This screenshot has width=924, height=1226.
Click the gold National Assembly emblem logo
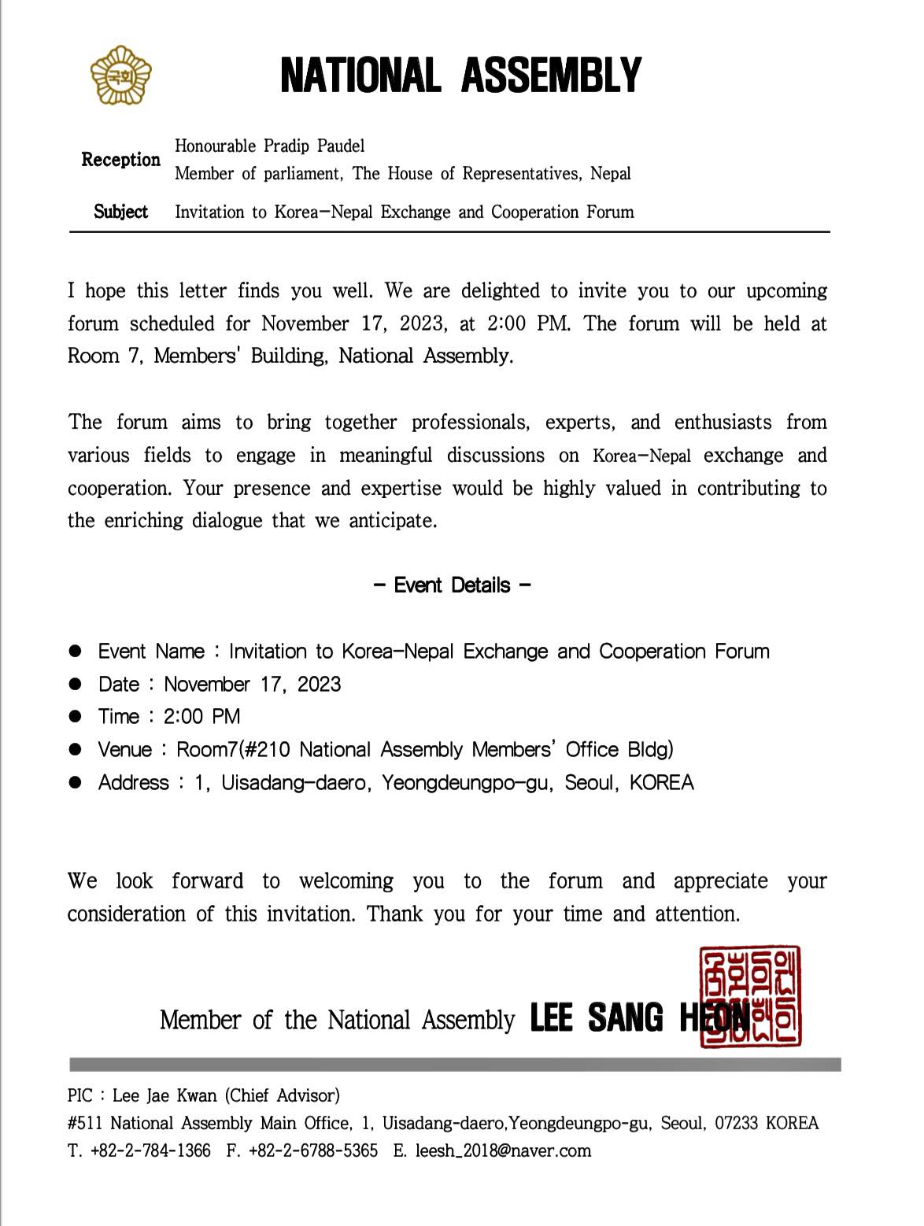click(120, 76)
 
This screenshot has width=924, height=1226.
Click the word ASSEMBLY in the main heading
click(551, 76)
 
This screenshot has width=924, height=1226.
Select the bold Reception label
click(120, 160)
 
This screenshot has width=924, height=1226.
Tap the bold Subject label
click(120, 212)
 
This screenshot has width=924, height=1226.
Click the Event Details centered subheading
click(452, 585)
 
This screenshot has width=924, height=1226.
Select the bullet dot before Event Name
click(76, 652)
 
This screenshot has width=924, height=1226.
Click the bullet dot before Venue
click(76, 750)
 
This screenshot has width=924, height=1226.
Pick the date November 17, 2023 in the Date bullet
click(253, 685)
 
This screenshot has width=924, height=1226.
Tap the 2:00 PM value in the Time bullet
click(202, 717)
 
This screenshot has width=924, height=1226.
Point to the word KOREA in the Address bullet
click(662, 783)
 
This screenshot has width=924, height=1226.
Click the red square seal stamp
click(750, 997)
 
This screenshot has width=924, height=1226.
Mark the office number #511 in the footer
click(83, 1123)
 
